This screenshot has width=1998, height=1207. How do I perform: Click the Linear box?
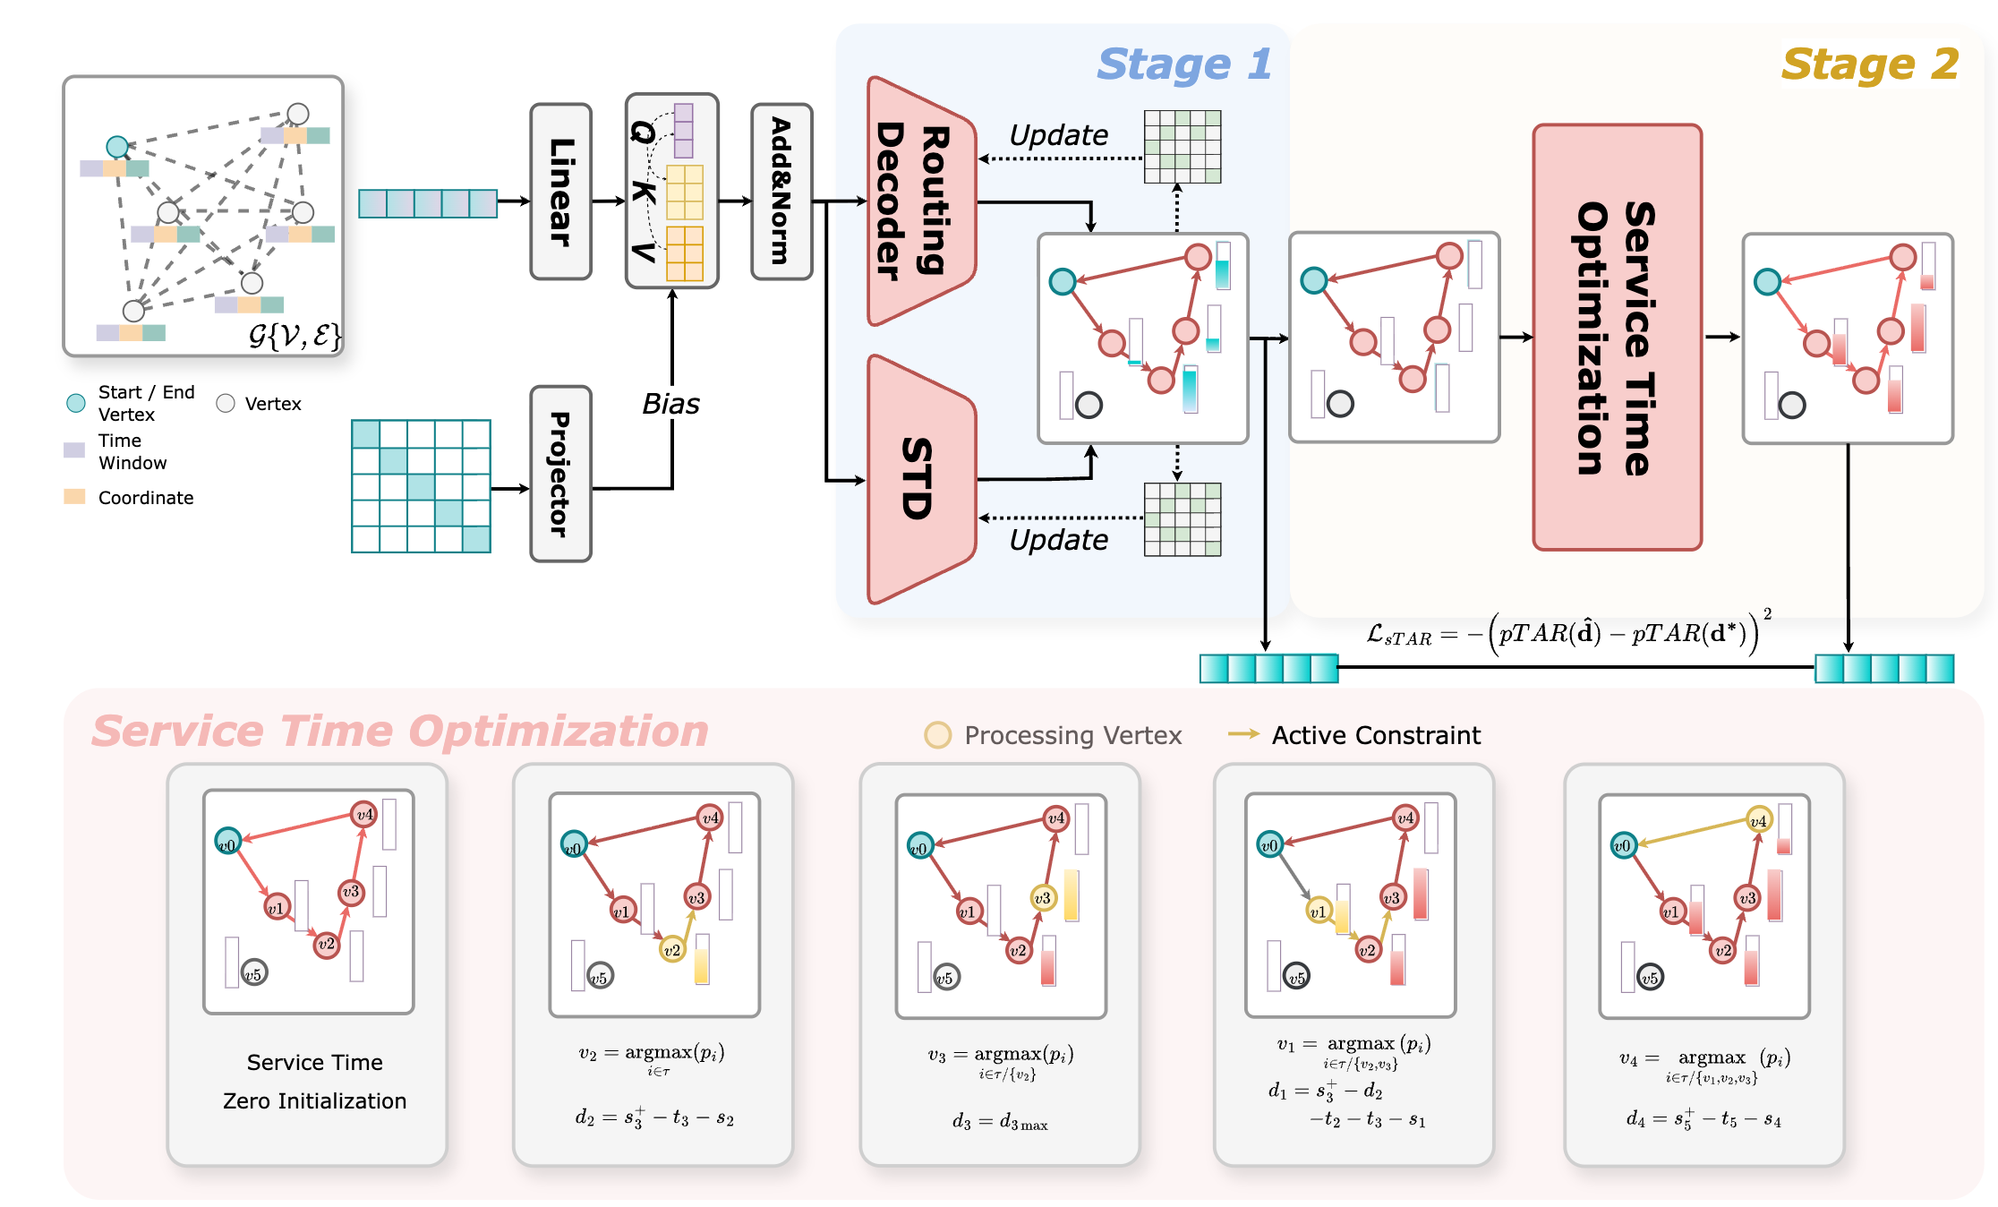[560, 192]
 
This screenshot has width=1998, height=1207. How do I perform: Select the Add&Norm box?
[781, 192]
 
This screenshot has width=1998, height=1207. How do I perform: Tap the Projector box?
[560, 474]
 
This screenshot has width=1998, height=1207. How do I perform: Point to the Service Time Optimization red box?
[1617, 337]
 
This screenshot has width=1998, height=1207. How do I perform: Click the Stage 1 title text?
[1183, 64]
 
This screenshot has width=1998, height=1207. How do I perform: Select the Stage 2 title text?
[1869, 64]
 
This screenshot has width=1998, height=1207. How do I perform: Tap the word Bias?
[670, 404]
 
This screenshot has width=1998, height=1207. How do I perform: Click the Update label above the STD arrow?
[1058, 540]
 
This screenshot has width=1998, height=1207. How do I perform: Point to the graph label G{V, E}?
[294, 336]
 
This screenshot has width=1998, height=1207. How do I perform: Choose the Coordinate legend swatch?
[74, 497]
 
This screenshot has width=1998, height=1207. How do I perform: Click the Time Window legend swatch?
[74, 449]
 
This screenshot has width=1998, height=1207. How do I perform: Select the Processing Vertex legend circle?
[937, 735]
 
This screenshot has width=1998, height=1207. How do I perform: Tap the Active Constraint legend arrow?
[1243, 734]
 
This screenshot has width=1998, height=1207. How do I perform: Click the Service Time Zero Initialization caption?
[314, 1082]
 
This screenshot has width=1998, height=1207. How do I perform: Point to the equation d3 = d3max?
[1000, 1122]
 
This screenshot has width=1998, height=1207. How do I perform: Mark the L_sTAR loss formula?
[1567, 633]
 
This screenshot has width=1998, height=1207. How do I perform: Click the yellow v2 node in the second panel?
[671, 949]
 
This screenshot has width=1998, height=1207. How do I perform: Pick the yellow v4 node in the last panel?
[1758, 820]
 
